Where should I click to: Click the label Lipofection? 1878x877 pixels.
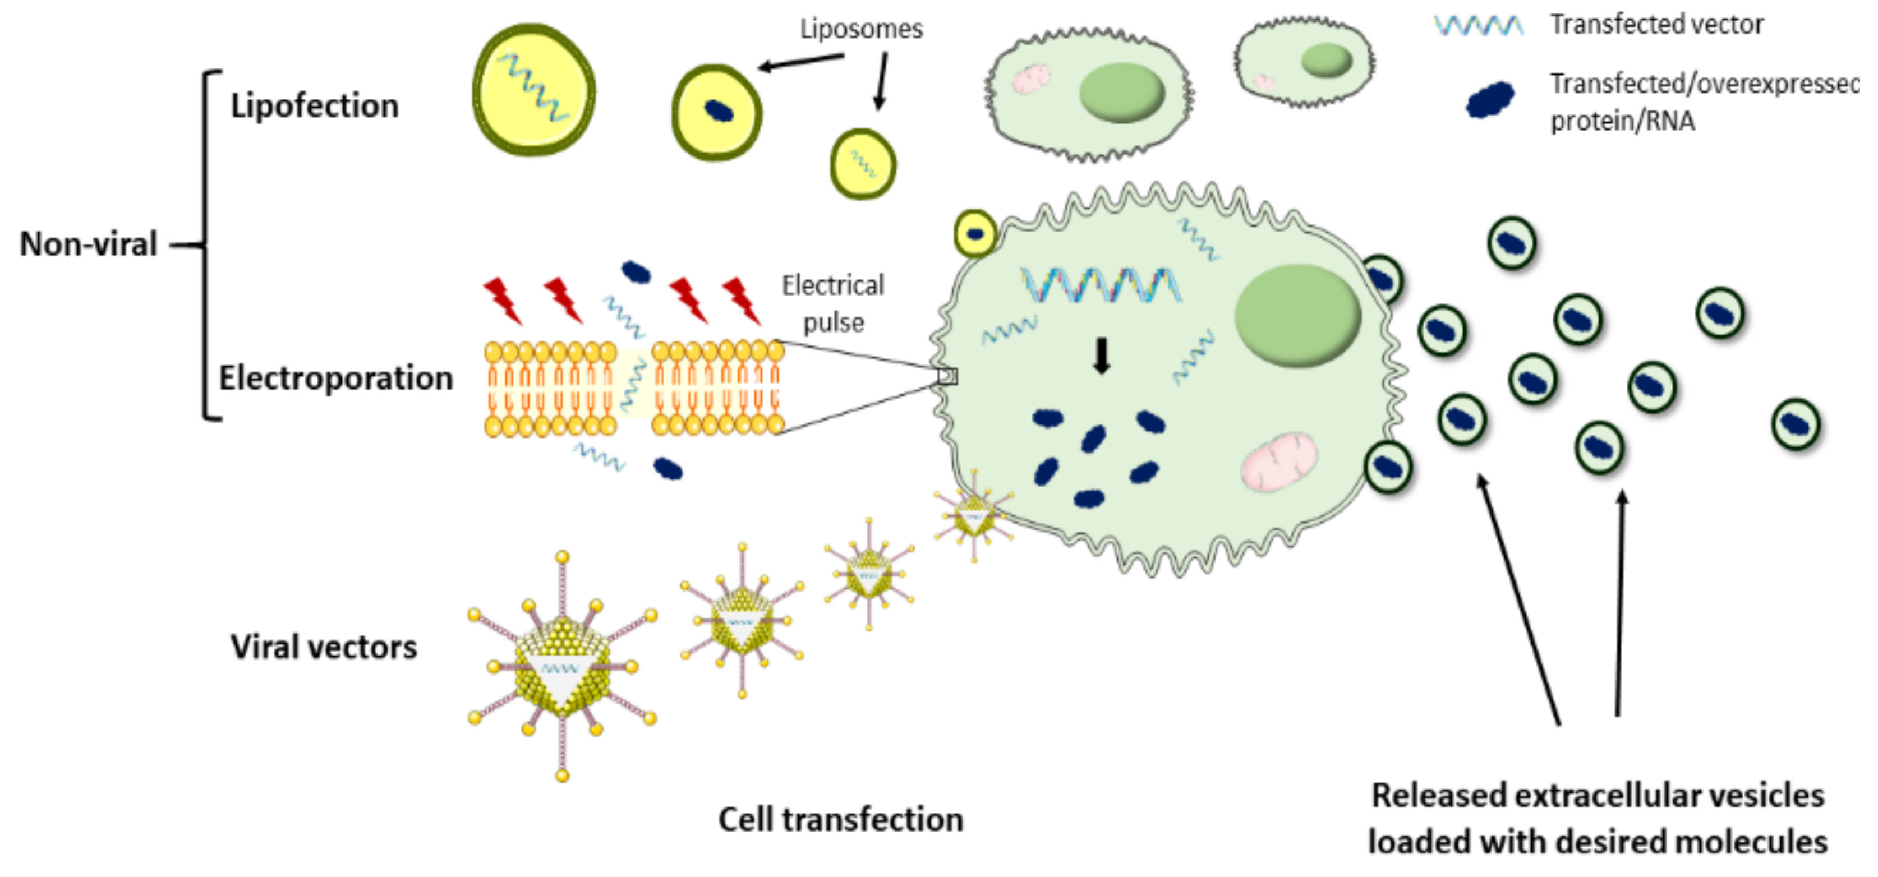[x=314, y=107]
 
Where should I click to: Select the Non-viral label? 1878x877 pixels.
[x=88, y=244]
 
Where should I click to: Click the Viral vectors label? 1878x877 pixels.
[x=324, y=647]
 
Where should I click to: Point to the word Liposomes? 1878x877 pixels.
[x=861, y=29]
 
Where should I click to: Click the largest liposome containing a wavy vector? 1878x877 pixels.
[x=533, y=89]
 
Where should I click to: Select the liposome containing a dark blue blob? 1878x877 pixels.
[x=717, y=112]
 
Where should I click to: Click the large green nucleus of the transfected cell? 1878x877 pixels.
[x=1297, y=315]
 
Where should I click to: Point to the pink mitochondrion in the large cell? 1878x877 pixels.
[x=1279, y=461]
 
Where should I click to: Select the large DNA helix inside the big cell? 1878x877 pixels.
[x=1099, y=285]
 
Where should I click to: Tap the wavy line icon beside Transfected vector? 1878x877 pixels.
[x=1479, y=26]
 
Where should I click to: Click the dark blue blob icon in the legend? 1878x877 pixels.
[x=1489, y=99]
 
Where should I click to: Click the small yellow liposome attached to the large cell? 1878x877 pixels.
[x=975, y=234]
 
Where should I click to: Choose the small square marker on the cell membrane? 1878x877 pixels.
[x=947, y=376]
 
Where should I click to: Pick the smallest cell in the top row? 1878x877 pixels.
[x=1304, y=62]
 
